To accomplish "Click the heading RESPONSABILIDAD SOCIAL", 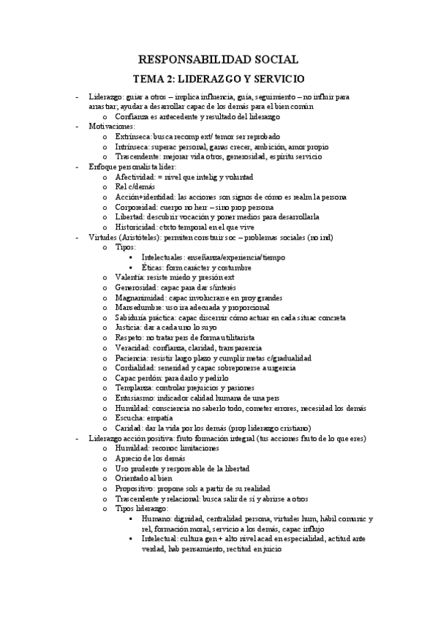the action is click(x=219, y=60).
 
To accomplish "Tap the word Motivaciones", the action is click(x=111, y=126).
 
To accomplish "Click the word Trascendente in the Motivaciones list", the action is click(x=139, y=156).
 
